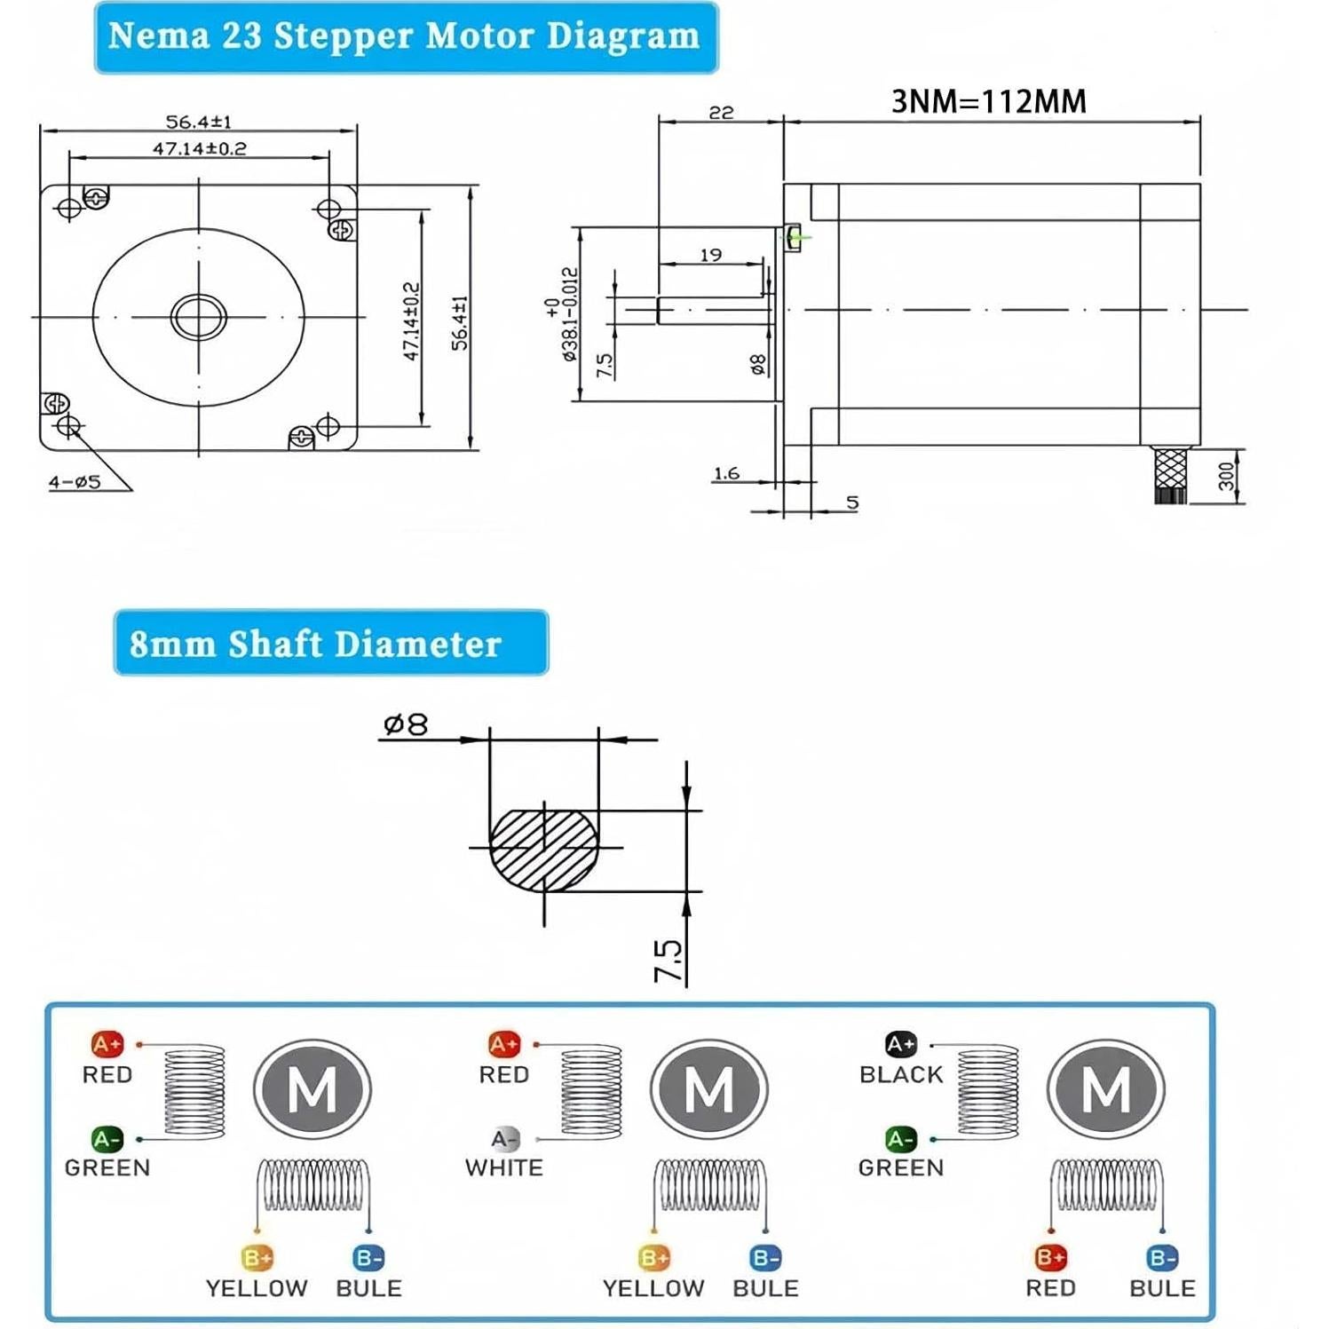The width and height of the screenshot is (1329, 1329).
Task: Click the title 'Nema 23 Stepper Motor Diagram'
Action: pos(405,37)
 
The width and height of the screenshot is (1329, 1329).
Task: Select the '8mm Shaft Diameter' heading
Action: pos(316,644)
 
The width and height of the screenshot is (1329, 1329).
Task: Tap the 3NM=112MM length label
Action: pos(988,101)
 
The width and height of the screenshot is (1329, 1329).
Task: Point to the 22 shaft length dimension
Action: pos(721,112)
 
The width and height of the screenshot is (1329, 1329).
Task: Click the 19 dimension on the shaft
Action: pos(710,255)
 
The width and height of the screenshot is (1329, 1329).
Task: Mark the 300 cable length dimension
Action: pos(1226,476)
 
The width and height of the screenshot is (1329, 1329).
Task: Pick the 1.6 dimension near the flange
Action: pos(726,473)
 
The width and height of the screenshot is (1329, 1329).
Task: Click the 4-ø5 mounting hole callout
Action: pos(75,482)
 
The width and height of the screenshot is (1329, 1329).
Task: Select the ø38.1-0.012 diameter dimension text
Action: pos(568,314)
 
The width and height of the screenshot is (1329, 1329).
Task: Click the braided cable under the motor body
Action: pos(1171,475)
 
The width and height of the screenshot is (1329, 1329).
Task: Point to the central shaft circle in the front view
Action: pos(198,316)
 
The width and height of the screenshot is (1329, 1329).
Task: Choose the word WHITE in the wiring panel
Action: pos(503,1167)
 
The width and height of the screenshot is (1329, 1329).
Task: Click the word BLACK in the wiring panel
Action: pos(900,1074)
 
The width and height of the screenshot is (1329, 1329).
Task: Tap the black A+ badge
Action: pos(900,1044)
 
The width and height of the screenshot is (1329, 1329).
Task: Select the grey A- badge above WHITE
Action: pos(504,1138)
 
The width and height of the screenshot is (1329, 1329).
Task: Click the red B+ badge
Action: pos(1050,1257)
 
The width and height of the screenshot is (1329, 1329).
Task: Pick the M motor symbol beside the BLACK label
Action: pos(1105,1089)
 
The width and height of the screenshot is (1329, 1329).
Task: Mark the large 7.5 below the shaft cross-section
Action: pos(668,961)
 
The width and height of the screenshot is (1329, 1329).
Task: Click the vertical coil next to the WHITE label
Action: pos(590,1092)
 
